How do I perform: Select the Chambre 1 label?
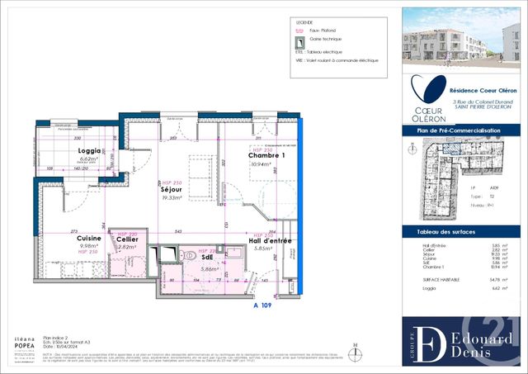(x=266, y=156)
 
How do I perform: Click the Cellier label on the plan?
(x=126, y=239)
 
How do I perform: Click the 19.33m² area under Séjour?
(x=171, y=199)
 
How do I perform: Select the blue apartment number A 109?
(x=262, y=305)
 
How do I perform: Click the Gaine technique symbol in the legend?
(x=299, y=39)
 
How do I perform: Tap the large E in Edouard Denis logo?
(x=431, y=341)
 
